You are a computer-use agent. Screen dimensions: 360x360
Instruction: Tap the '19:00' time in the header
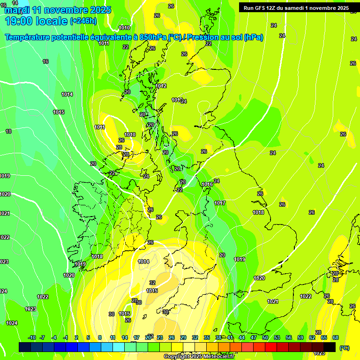19,21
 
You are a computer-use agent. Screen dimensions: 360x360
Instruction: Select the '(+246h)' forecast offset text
83,21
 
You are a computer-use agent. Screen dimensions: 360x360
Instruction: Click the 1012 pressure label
161,86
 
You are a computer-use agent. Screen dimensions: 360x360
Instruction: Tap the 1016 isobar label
207,184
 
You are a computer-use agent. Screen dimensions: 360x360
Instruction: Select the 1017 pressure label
220,203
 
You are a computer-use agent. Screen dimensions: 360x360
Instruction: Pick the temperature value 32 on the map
152,283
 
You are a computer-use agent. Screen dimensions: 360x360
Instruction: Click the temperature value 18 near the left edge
8,131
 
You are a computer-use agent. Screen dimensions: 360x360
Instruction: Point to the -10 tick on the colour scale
32,337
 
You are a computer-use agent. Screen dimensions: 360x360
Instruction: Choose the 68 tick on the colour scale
336,337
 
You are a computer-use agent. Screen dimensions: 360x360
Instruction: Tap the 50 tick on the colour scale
265,337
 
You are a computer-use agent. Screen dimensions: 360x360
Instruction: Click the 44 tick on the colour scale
242,337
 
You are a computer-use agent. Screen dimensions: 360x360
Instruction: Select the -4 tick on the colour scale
54,337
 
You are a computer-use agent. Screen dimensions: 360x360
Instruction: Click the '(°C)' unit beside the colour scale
345,347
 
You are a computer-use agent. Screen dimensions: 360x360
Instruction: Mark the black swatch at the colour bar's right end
330,347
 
